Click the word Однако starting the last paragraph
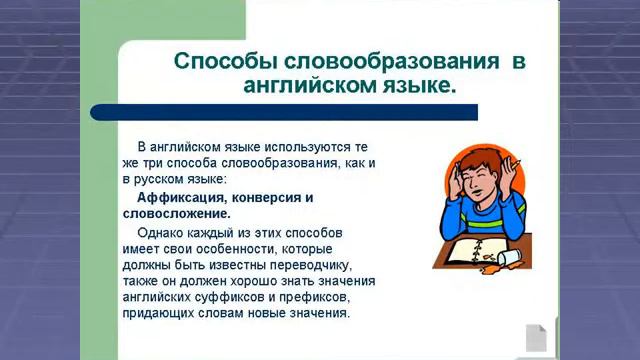159,231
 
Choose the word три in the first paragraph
162,163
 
